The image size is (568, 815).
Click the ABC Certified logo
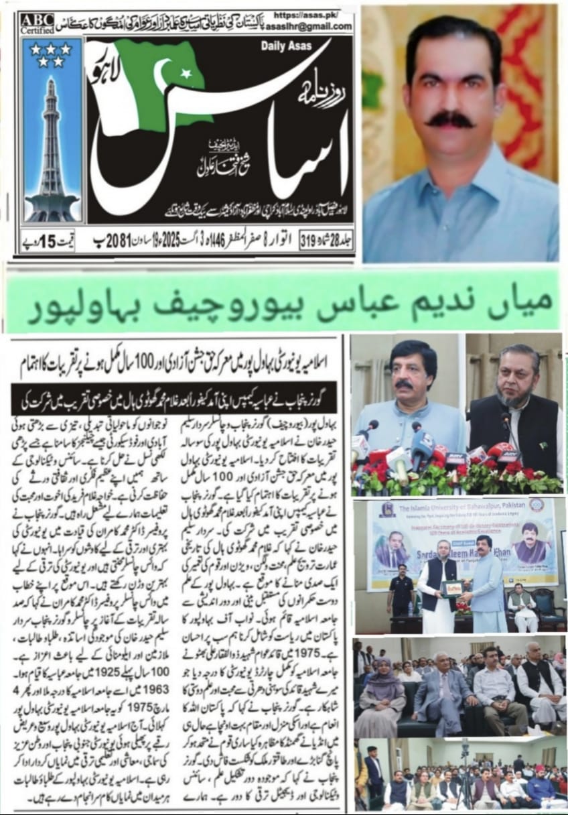(38, 23)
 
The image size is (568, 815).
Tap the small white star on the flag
(186, 72)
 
